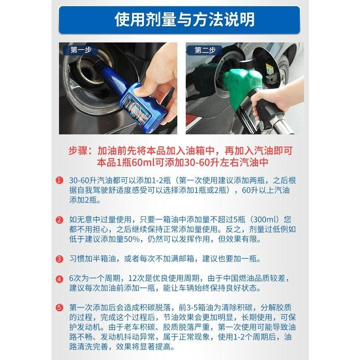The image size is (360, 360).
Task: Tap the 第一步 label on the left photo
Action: click(x=80, y=50)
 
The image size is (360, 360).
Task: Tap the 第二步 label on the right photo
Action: click(x=205, y=50)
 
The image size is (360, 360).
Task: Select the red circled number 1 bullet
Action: click(x=59, y=180)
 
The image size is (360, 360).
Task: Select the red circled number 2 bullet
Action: click(x=59, y=220)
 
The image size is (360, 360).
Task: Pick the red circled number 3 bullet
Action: click(x=59, y=259)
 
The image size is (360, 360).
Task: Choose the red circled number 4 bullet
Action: click(x=59, y=279)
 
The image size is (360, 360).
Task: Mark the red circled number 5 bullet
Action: click(x=59, y=308)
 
